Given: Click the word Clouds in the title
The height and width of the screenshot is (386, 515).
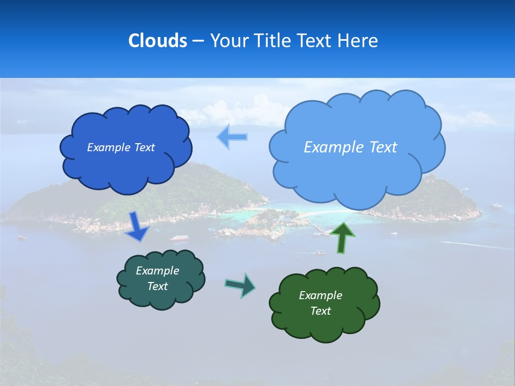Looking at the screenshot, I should tap(157, 41).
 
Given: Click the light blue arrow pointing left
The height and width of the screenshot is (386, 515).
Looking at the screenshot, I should tap(232, 137).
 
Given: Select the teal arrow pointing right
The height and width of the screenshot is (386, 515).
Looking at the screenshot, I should tap(240, 285).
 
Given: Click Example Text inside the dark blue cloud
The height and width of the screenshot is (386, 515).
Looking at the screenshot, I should tap(121, 147).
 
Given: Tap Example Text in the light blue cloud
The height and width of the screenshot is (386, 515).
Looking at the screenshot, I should tap(350, 147).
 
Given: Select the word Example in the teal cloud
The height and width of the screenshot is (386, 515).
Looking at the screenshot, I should tap(157, 271).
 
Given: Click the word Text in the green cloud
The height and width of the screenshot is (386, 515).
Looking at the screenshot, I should tap(320, 311).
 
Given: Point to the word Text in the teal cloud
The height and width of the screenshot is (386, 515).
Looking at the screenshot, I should tap(157, 286).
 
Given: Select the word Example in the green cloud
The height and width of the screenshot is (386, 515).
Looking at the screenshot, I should tap(320, 295).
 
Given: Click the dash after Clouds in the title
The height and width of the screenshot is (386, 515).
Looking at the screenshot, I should tap(198, 41).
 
